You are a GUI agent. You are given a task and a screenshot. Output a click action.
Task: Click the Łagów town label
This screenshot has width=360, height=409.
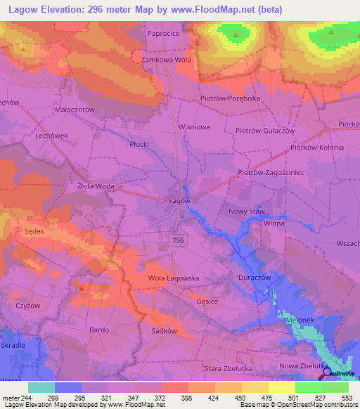coord(180,200)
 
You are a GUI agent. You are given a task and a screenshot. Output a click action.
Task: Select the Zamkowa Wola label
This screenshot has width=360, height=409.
coord(167,60)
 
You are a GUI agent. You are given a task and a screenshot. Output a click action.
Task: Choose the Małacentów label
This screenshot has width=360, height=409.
coord(74,110)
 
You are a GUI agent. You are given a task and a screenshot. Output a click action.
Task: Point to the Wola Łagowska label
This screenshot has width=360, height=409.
coord(174,278)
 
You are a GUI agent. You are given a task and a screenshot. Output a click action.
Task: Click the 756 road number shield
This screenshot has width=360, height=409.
coord(179,240)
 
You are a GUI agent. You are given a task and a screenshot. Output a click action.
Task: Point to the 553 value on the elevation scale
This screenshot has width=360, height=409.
coord(347,397)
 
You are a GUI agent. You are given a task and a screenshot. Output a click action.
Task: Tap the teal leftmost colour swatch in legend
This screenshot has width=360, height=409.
coord(41,387)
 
